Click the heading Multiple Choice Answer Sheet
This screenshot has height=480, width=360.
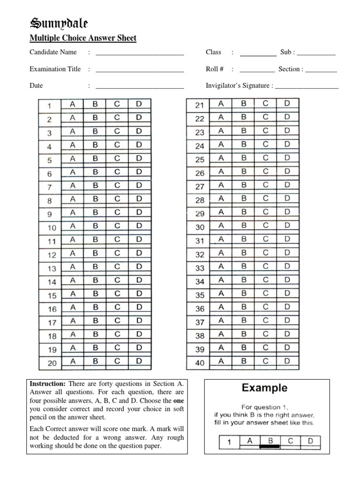(x=83, y=38)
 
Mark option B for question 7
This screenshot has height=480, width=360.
(x=95, y=186)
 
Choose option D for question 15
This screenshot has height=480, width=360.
(x=139, y=295)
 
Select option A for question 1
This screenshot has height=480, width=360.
(x=73, y=104)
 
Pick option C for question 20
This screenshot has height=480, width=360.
(x=117, y=361)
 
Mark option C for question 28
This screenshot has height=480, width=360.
(x=266, y=199)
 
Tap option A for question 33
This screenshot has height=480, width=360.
(x=221, y=267)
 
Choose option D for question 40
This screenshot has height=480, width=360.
(x=287, y=361)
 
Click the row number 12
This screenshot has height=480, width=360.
(x=52, y=255)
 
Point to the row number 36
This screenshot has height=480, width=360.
(x=200, y=309)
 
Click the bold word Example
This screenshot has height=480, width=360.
(x=264, y=388)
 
